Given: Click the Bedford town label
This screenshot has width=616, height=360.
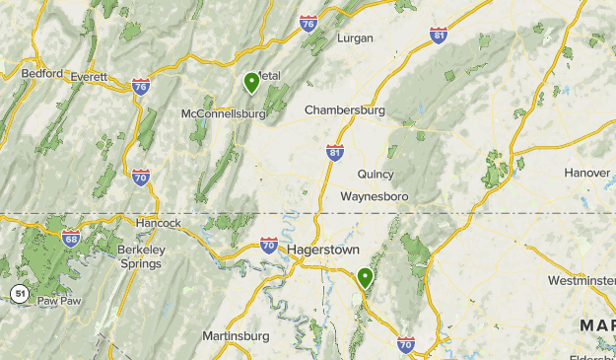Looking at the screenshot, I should click(x=42, y=74).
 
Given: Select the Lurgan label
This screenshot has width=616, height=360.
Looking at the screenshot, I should click(x=355, y=38).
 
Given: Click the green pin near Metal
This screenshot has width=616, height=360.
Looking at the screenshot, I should click(x=252, y=83).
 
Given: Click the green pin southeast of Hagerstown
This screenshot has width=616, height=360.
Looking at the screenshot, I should click(x=366, y=278).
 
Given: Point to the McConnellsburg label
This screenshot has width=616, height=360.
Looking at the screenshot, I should click(x=224, y=113).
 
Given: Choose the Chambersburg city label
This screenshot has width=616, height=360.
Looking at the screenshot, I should click(x=345, y=109).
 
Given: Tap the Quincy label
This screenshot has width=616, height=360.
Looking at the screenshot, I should click(x=376, y=175).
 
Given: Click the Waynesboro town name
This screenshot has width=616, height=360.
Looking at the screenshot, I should click(x=374, y=197).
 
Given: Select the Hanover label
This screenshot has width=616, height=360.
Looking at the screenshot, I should click(x=587, y=173).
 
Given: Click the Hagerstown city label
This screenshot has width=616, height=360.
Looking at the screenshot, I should click(x=324, y=250).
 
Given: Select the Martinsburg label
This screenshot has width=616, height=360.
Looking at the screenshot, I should click(x=236, y=336).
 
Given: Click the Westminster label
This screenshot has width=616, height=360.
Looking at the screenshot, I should click(x=582, y=281).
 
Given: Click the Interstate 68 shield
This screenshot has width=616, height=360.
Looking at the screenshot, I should click(x=70, y=238).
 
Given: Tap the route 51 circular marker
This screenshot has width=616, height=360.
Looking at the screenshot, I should click(x=19, y=293).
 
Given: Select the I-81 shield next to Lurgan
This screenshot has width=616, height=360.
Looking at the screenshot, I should click(x=439, y=36).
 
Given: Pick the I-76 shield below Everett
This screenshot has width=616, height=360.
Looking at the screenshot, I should click(x=140, y=87).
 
